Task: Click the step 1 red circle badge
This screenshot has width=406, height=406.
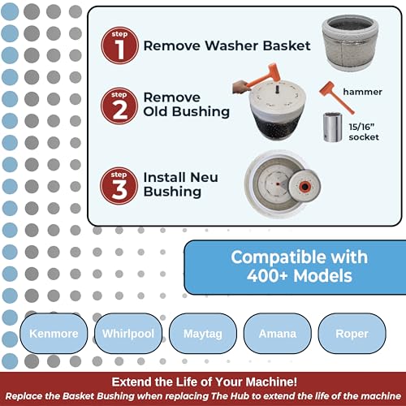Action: coord(119,45)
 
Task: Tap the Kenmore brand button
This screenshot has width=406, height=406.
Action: coord(53,334)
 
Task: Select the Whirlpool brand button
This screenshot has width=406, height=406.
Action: coord(127,334)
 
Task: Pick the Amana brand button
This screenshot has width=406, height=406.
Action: coord(272,334)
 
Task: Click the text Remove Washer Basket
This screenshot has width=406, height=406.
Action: coord(227,45)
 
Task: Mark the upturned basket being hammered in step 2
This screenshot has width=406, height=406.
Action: coord(266,118)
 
